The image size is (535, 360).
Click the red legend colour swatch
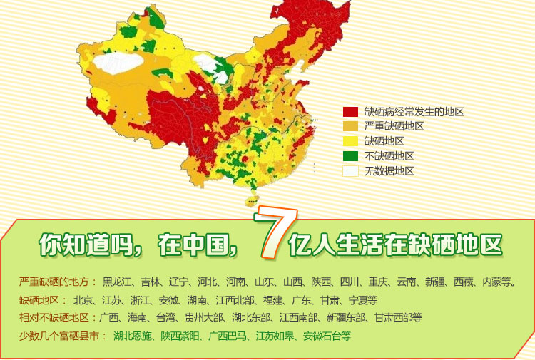click(350, 112)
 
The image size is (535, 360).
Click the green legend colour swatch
click(350, 156)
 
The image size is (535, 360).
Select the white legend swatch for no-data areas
click(350, 171)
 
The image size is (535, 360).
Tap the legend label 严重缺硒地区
click(394, 126)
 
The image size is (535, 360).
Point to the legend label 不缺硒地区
click(389, 156)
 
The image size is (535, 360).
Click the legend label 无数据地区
click(389, 171)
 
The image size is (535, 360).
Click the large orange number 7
click(270, 233)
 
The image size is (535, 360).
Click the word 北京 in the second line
click(83, 300)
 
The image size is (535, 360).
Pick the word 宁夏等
click(363, 300)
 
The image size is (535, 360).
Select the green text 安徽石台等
click(327, 335)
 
